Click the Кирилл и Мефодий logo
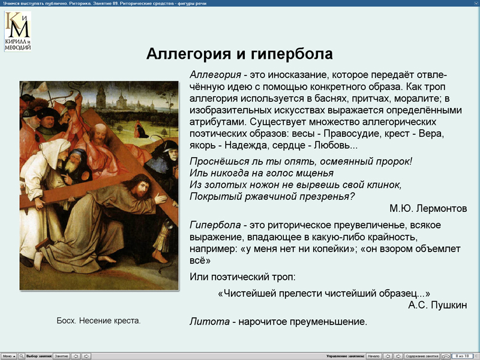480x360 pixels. pos(18,31)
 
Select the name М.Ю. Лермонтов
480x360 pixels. pos(428,209)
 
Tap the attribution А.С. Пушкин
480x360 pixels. pos(437,305)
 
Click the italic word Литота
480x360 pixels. pos(209,322)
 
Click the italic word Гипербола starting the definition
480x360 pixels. pos(215,225)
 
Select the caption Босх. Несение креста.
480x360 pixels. pos(99,321)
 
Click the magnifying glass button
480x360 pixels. pos(22,356)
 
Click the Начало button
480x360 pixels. pos(373,356)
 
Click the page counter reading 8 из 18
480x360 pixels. pos(463,356)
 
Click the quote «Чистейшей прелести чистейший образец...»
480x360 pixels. pos(324,293)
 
